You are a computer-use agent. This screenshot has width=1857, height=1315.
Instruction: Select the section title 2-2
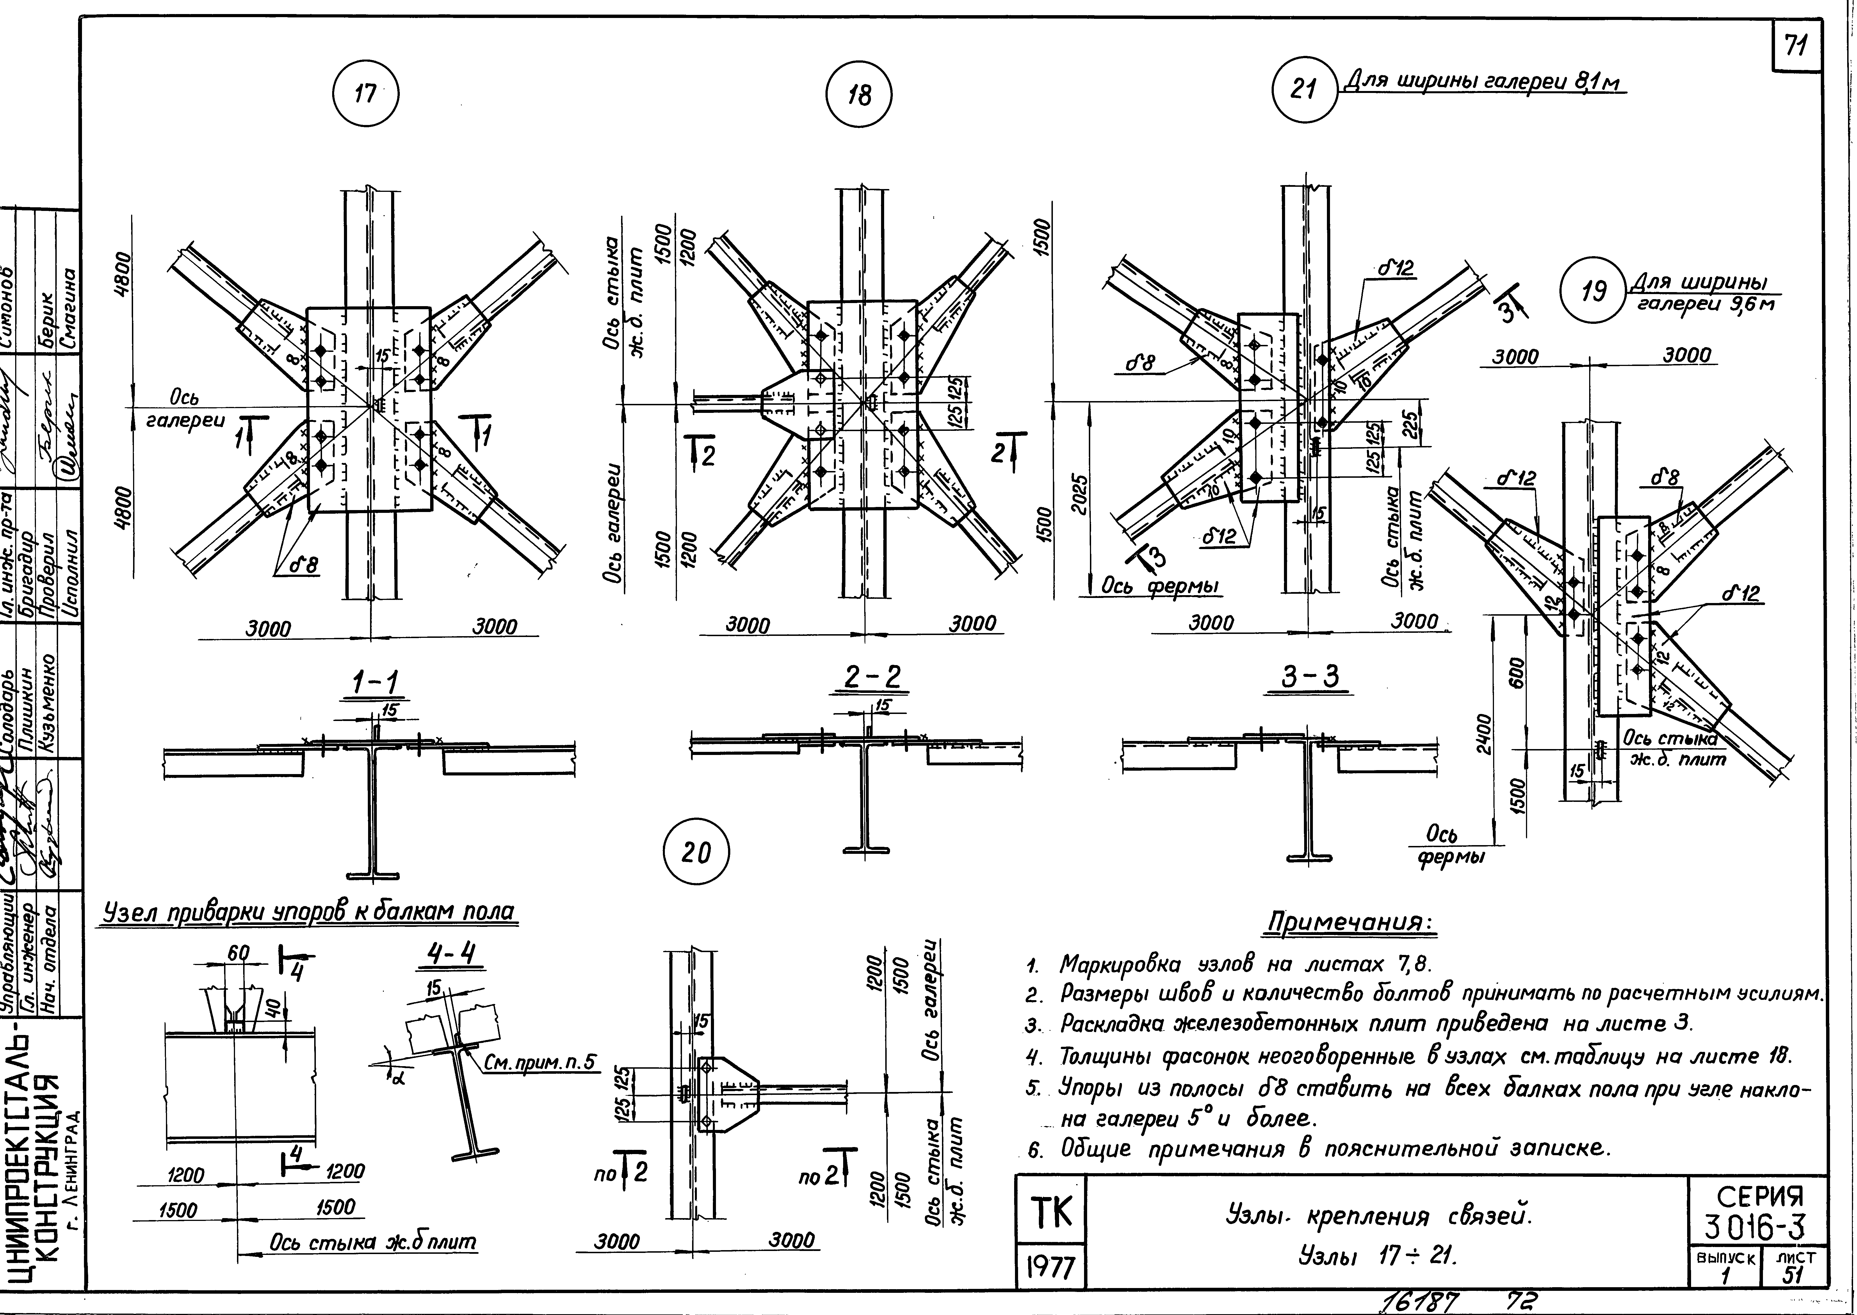point(871,679)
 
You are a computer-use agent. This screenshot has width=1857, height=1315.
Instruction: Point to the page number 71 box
point(1796,48)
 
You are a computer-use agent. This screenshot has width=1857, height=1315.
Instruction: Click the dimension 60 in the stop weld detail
point(237,954)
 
